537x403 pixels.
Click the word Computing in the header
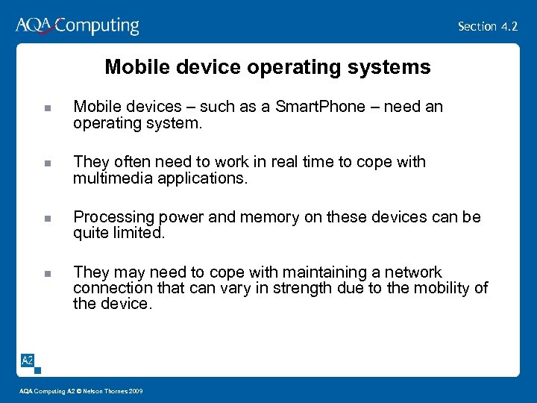click(98, 26)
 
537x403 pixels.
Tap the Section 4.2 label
click(487, 26)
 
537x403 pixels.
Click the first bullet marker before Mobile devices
click(47, 108)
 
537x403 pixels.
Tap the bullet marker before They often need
click(47, 163)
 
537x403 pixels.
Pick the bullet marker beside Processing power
click(47, 219)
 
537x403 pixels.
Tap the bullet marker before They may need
click(47, 274)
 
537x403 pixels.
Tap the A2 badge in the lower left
click(27, 361)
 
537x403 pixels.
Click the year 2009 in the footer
click(136, 392)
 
